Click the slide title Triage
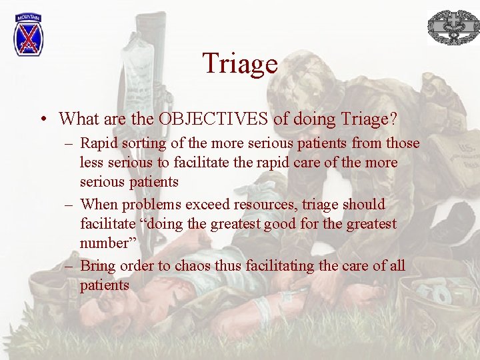(240, 64)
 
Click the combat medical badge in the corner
(453, 27)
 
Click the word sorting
(143, 143)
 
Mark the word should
(364, 204)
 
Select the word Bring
(99, 265)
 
